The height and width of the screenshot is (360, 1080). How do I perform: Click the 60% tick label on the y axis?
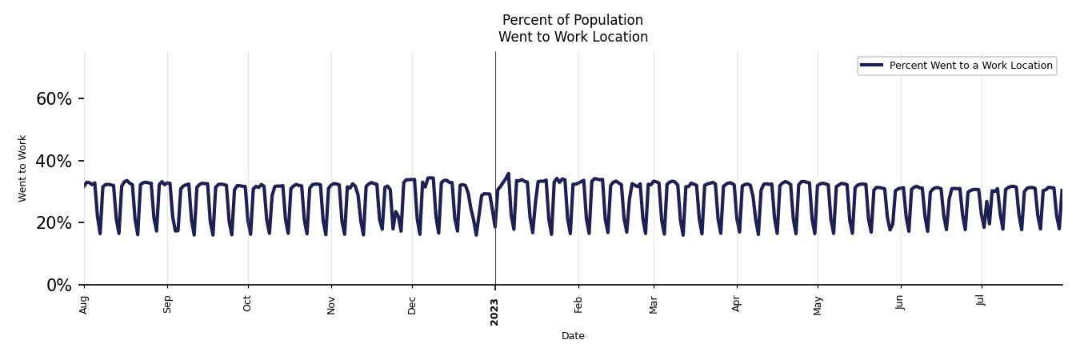click(x=54, y=99)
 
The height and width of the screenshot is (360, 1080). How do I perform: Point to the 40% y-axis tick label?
click(x=54, y=162)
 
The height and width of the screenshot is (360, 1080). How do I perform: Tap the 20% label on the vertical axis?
click(x=54, y=223)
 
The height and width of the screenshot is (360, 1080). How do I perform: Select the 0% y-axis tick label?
click(x=59, y=286)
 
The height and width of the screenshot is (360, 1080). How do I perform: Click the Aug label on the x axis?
click(x=84, y=304)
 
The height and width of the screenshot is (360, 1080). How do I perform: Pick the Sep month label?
click(x=167, y=304)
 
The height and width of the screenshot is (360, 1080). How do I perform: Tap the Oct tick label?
click(x=248, y=304)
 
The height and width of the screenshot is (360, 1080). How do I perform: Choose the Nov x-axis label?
click(x=331, y=304)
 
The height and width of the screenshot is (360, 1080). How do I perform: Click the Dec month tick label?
click(x=412, y=304)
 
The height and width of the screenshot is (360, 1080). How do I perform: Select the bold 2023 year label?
click(x=494, y=311)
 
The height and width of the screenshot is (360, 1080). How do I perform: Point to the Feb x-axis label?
click(x=578, y=304)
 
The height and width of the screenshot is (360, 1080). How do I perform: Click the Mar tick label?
click(x=654, y=304)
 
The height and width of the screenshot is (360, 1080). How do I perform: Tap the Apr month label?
click(x=737, y=304)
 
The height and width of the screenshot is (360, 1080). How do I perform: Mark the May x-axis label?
click(x=818, y=304)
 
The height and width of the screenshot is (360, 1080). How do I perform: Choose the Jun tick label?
click(x=900, y=302)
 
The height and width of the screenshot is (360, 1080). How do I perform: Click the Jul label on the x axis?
click(x=982, y=301)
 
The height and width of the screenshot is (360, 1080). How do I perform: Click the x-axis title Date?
click(x=573, y=336)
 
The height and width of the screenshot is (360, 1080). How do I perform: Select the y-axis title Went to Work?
click(x=22, y=168)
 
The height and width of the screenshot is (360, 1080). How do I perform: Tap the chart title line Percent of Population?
click(x=573, y=20)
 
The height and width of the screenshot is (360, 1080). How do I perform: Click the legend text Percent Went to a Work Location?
click(x=970, y=66)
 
